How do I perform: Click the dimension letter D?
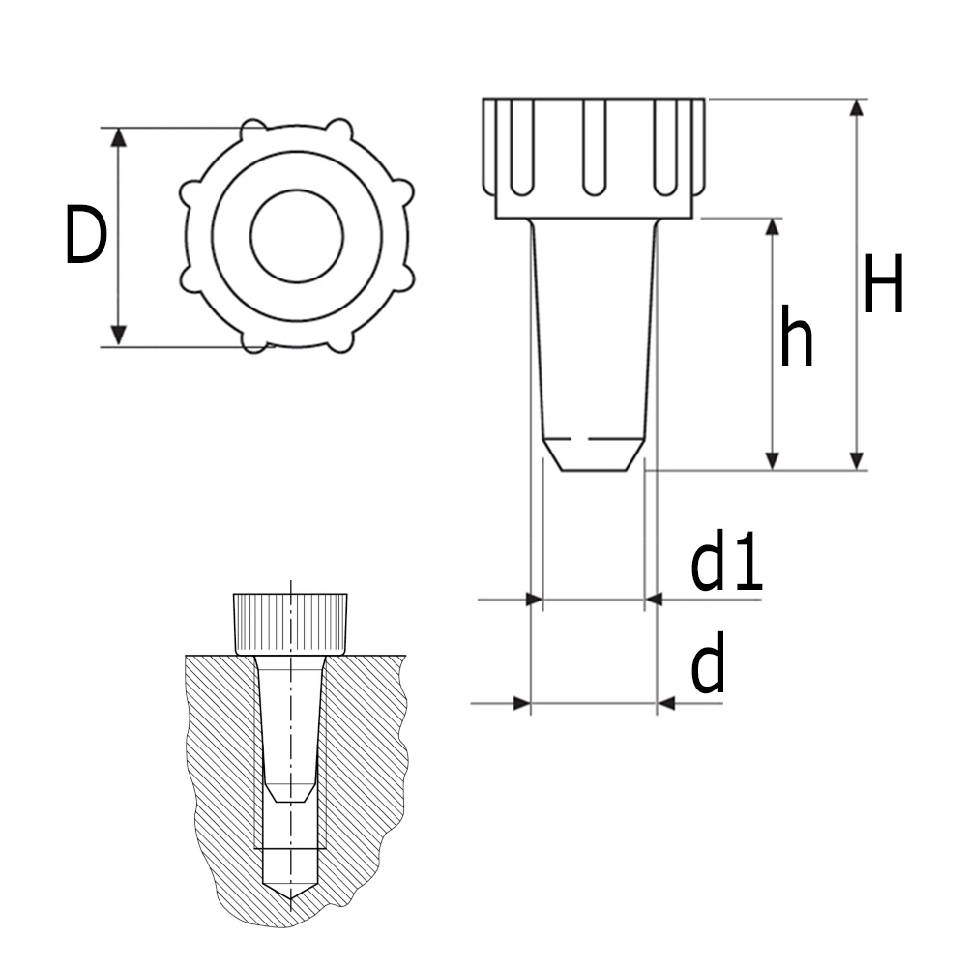click(x=85, y=236)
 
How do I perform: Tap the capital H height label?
click(x=884, y=285)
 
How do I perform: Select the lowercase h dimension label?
click(x=796, y=338)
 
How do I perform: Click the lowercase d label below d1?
click(x=708, y=667)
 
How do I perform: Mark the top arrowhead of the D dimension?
click(x=118, y=137)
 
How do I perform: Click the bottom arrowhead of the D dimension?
click(x=118, y=335)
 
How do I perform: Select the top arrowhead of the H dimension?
click(x=855, y=107)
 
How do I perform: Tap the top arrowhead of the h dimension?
click(x=772, y=228)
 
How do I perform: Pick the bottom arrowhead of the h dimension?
click(x=772, y=460)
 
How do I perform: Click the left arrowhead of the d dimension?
click(x=521, y=703)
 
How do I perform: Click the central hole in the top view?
click(x=297, y=236)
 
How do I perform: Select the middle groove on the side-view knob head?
click(x=594, y=145)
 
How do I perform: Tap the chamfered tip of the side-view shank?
click(x=593, y=454)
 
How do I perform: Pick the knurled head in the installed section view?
click(x=290, y=623)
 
